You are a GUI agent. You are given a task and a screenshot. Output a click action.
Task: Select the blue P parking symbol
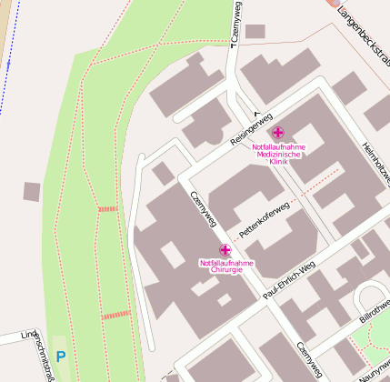[60, 357]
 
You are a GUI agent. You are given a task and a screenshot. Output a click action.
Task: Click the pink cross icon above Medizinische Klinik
[277, 134]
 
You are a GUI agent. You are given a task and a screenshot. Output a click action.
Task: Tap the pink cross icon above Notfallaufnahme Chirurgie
[225, 250]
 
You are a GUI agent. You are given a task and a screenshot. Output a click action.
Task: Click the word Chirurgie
[226, 271]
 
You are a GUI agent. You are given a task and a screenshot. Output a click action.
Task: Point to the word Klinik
[277, 162]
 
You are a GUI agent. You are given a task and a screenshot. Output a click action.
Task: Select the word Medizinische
[278, 154]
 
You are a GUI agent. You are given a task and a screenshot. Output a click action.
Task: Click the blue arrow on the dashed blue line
[7, 65]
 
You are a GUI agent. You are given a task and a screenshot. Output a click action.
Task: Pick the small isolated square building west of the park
[32, 192]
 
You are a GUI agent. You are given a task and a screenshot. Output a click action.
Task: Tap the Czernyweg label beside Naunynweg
[309, 360]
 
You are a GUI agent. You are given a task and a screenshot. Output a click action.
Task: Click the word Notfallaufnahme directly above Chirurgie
[226, 264]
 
